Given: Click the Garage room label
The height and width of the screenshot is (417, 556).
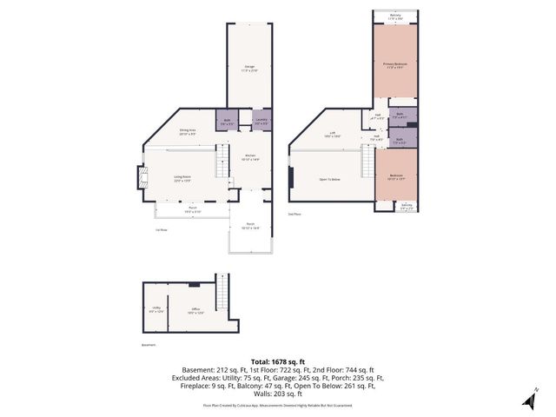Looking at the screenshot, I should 249,69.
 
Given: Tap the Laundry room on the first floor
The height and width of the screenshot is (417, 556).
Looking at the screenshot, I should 261,122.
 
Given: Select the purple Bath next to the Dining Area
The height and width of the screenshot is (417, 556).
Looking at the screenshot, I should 225,122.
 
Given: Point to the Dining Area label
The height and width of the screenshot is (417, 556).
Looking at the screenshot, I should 187,131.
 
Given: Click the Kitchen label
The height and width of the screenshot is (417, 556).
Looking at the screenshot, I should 249,158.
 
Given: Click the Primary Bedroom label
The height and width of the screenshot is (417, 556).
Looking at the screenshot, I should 395,65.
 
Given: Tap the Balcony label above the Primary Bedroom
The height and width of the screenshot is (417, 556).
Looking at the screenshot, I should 395,16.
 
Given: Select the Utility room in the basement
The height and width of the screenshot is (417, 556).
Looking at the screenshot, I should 156,310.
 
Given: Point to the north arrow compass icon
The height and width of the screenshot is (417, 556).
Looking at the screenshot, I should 529,399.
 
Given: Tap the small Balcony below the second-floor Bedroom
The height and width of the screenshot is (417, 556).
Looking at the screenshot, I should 407,207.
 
